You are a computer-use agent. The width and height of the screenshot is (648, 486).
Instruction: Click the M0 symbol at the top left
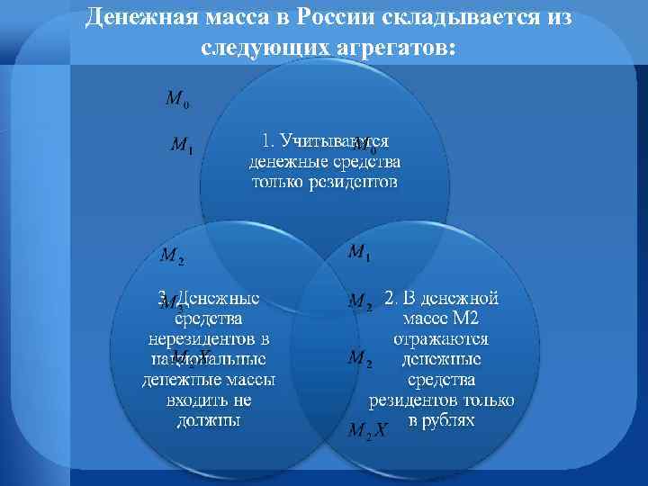click(176, 98)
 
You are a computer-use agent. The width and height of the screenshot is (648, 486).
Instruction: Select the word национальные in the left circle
click(208, 358)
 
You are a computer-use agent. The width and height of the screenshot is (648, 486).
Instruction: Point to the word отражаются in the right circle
click(440, 339)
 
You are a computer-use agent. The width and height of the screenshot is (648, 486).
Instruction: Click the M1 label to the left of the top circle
click(181, 144)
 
